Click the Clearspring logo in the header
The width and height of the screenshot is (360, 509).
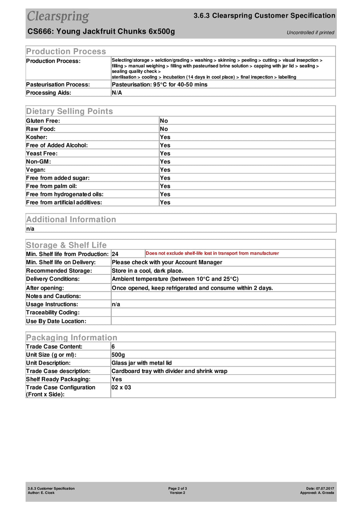click(58, 16)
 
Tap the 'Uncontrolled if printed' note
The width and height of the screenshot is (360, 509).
click(310, 33)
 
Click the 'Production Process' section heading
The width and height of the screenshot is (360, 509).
click(66, 51)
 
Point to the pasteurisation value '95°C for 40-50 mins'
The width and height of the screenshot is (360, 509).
click(180, 85)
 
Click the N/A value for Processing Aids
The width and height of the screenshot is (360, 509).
click(117, 93)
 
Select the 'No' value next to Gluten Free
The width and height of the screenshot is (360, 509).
click(164, 121)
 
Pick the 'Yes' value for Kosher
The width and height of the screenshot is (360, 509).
click(165, 137)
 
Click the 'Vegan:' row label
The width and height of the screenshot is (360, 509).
click(36, 170)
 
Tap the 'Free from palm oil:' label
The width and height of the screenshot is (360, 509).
click(51, 186)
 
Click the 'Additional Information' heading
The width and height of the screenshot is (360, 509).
click(71, 219)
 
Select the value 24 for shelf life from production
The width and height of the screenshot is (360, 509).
click(115, 254)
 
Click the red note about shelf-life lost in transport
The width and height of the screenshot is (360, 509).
click(212, 253)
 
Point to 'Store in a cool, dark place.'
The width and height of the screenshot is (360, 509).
click(147, 271)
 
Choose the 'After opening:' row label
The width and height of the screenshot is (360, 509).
click(45, 288)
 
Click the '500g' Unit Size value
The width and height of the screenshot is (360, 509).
click(118, 355)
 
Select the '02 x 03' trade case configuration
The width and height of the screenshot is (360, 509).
click(121, 387)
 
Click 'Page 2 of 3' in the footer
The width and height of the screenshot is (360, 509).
click(177, 488)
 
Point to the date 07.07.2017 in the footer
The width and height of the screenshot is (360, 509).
click(325, 488)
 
